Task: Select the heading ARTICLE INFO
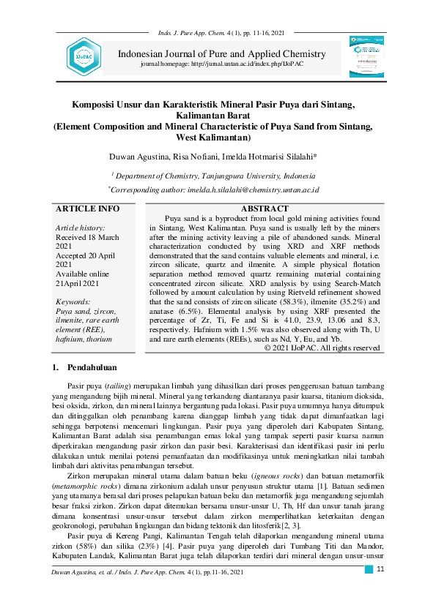87,209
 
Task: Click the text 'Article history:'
81,228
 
